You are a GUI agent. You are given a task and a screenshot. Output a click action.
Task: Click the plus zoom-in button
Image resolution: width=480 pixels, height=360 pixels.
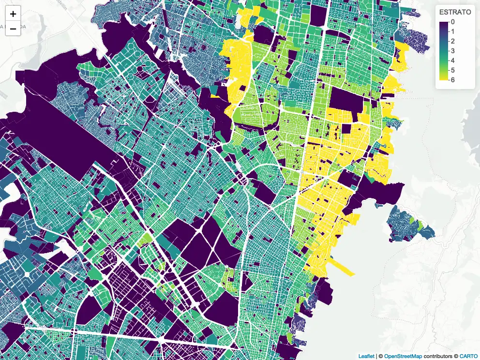[13, 14]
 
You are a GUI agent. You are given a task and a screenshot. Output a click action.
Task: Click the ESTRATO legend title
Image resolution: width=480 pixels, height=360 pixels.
[455, 12]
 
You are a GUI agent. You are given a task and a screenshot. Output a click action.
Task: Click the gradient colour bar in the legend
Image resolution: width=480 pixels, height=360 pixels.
[444, 51]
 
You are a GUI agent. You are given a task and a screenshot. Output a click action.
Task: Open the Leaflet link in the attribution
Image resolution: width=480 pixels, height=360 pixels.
[366, 356]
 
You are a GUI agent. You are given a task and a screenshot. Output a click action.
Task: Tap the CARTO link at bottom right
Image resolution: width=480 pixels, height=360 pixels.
[468, 356]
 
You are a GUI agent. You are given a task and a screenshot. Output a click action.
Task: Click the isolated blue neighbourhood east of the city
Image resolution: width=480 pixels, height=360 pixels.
[407, 223]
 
